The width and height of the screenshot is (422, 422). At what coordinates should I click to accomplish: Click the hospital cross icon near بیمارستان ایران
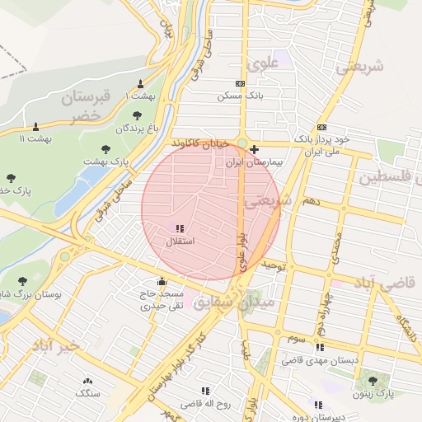255,150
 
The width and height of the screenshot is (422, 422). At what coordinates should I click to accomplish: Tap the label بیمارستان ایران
255,163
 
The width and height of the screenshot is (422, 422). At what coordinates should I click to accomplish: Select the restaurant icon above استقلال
180,227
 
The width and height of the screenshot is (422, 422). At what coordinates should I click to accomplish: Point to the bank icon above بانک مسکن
240,83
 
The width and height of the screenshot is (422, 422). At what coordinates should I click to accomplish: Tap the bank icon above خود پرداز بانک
321,127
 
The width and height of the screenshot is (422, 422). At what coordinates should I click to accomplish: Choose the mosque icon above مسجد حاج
161,280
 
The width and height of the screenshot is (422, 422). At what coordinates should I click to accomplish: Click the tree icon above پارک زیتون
373,381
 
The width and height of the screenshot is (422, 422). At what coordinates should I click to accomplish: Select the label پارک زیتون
373,394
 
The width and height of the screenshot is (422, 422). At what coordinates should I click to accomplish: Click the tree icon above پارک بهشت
106,149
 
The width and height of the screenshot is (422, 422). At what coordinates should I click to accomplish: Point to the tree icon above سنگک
87,380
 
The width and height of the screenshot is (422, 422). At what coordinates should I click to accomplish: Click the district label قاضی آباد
387,284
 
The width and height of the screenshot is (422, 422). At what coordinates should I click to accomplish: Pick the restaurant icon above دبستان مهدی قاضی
320,347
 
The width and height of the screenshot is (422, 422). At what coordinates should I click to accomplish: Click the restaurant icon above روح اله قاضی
204,391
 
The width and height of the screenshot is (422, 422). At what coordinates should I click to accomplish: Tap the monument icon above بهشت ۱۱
35,126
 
